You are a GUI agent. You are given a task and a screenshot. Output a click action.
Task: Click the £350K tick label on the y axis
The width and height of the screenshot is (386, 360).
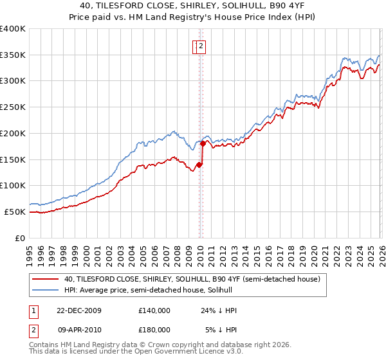(13, 55)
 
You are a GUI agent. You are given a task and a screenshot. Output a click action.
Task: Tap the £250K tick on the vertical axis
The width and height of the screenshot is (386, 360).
(13, 107)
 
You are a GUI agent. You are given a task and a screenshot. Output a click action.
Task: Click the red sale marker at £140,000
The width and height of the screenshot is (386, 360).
(199, 165)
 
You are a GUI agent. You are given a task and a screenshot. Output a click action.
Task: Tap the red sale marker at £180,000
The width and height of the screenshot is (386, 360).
(203, 144)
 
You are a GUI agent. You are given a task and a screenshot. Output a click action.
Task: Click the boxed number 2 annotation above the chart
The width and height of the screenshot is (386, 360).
(201, 46)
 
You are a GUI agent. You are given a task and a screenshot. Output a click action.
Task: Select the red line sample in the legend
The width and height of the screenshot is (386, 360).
(46, 279)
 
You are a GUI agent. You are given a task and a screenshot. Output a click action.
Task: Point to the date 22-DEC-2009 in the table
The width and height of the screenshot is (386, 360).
(78, 310)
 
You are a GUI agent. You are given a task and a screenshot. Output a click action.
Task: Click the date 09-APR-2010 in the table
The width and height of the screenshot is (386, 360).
(78, 330)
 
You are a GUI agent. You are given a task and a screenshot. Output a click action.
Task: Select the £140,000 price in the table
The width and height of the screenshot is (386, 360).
(154, 310)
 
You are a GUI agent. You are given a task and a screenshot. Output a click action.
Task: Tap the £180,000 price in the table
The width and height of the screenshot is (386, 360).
(154, 330)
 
